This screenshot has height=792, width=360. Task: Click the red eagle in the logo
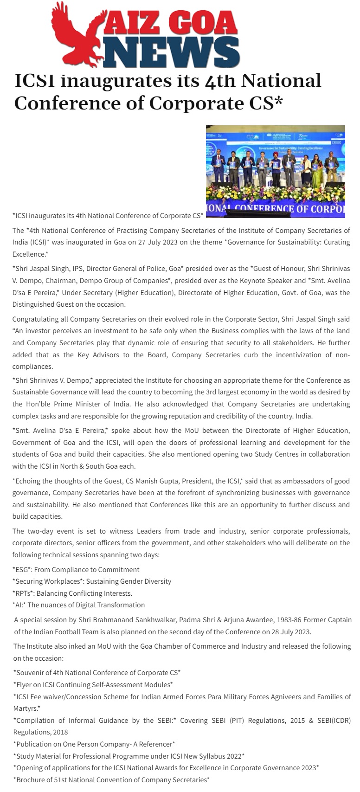pos(77,35)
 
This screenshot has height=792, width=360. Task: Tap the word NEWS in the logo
pos(172,52)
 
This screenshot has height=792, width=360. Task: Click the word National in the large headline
pos(281,81)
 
